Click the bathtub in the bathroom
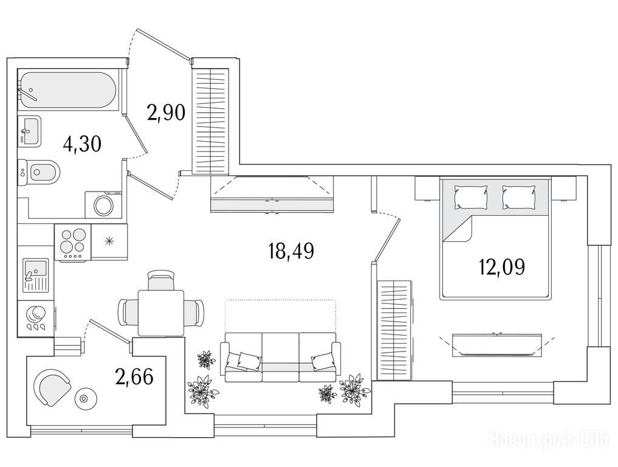point(68,89)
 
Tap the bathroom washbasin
point(30,130)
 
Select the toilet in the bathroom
point(39,171)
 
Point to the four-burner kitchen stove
point(72,242)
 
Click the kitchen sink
point(35,275)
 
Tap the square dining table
point(161,313)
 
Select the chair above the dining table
point(160,280)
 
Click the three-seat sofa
point(280,358)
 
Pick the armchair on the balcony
point(52,387)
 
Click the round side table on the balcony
point(84,398)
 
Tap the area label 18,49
point(291,251)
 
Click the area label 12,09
point(502,267)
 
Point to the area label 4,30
point(83,144)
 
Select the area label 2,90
point(166,113)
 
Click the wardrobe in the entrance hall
point(210,120)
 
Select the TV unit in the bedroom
point(497,344)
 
